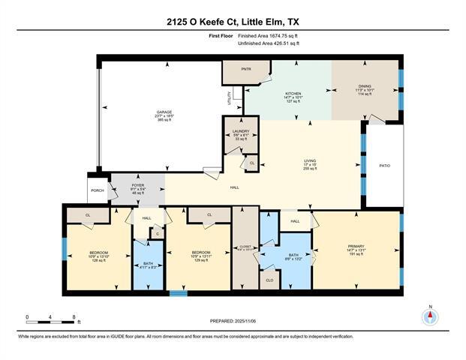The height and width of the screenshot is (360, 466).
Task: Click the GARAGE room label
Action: [x=164, y=112]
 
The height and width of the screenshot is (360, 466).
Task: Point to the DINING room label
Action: [x=364, y=87]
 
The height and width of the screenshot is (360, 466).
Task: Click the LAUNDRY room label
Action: [x=240, y=130]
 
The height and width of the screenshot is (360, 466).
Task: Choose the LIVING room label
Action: [x=310, y=160]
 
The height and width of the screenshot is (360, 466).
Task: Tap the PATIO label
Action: [x=384, y=166]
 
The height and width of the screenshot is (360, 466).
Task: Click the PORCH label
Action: [x=98, y=190]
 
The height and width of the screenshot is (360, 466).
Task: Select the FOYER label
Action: [x=138, y=185]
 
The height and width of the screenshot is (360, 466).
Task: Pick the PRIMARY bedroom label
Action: [x=356, y=246]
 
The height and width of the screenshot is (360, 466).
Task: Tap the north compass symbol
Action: [x=430, y=316]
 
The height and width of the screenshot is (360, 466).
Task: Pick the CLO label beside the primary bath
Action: [x=270, y=280]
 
